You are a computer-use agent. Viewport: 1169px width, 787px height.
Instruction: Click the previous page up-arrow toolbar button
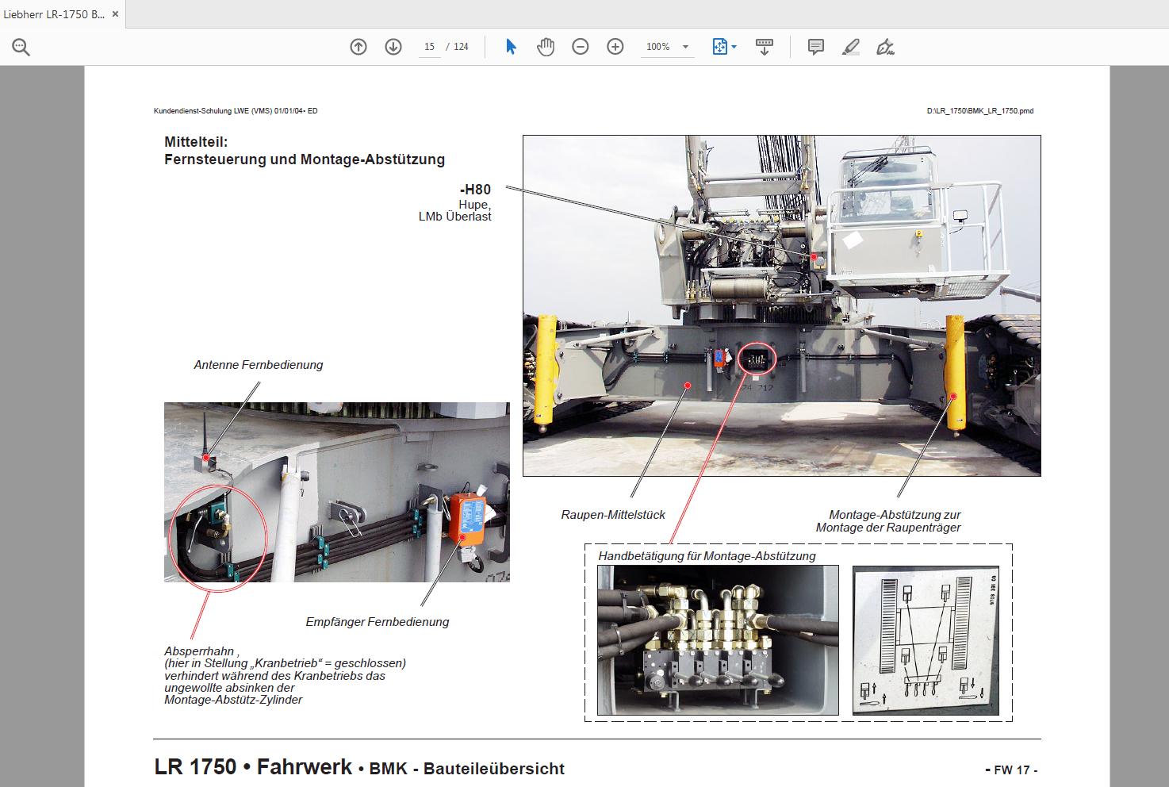358,47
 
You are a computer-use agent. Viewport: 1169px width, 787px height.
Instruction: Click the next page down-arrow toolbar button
393,47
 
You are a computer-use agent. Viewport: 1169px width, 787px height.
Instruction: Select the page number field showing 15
429,47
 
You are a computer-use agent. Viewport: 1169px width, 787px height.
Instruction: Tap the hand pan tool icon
546,47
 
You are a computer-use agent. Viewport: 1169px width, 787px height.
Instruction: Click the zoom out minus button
581,47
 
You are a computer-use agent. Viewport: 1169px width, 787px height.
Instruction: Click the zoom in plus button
615,47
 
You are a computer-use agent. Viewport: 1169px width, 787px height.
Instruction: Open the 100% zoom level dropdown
685,47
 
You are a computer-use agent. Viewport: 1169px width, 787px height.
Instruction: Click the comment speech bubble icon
815,47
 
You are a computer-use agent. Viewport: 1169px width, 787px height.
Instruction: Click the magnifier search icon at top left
21,48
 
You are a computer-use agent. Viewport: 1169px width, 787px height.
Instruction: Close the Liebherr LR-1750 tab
115,14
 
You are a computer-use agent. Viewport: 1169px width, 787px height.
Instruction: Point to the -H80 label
475,190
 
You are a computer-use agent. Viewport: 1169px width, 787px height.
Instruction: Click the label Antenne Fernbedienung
259,365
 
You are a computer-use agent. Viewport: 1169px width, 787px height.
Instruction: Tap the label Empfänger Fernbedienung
377,622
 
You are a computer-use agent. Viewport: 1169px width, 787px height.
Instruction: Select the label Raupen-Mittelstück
613,515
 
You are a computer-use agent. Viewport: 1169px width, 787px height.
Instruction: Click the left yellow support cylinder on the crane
546,369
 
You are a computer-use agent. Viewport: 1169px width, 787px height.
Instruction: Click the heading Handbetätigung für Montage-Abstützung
707,556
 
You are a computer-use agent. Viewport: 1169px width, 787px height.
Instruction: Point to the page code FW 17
1011,770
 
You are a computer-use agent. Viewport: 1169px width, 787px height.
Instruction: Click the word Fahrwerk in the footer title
304,767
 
